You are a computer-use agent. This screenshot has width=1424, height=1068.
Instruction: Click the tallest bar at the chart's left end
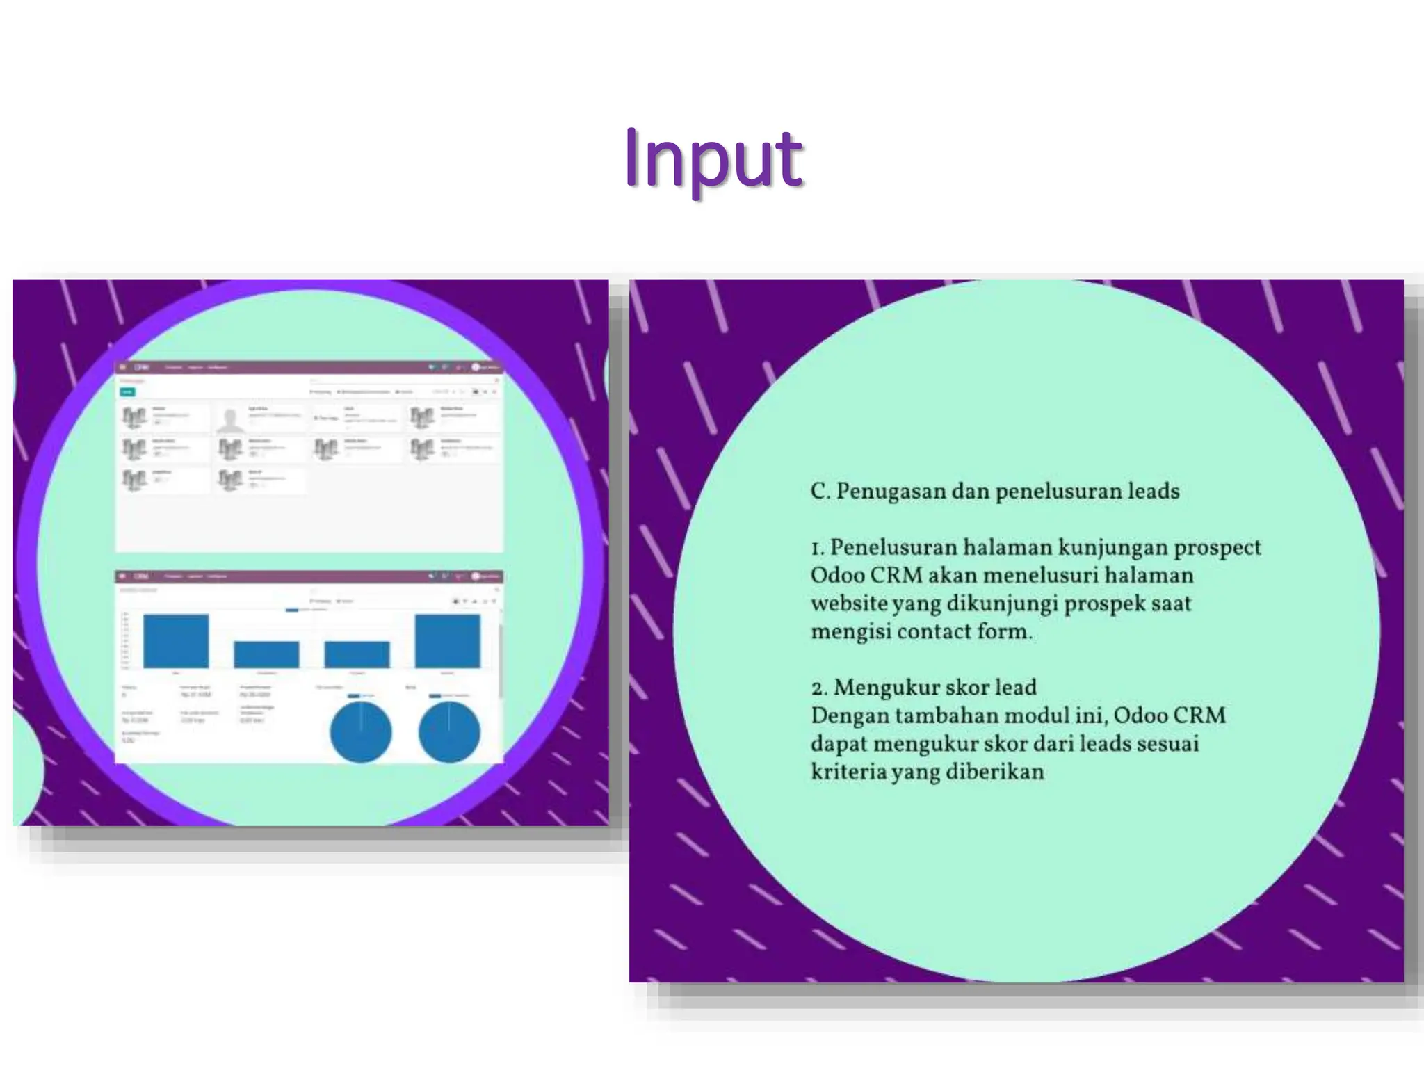[x=176, y=641]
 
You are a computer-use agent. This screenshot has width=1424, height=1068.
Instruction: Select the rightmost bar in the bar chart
[x=447, y=641]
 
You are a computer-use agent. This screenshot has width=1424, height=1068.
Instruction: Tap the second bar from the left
[x=266, y=654]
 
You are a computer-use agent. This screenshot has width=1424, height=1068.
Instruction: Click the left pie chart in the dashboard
[x=360, y=731]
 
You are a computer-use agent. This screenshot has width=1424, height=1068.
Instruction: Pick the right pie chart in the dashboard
[x=449, y=731]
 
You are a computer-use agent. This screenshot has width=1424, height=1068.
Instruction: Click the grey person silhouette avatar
[x=229, y=419]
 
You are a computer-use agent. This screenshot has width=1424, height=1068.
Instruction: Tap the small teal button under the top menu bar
[x=127, y=392]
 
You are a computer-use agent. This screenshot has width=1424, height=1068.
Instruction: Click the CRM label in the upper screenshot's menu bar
[x=142, y=367]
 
